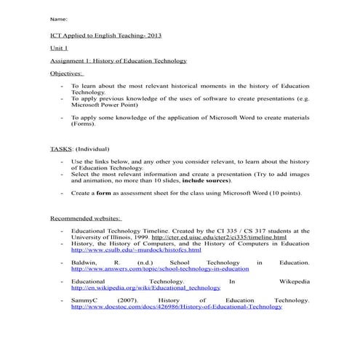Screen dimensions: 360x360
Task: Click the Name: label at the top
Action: [x=59, y=19]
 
